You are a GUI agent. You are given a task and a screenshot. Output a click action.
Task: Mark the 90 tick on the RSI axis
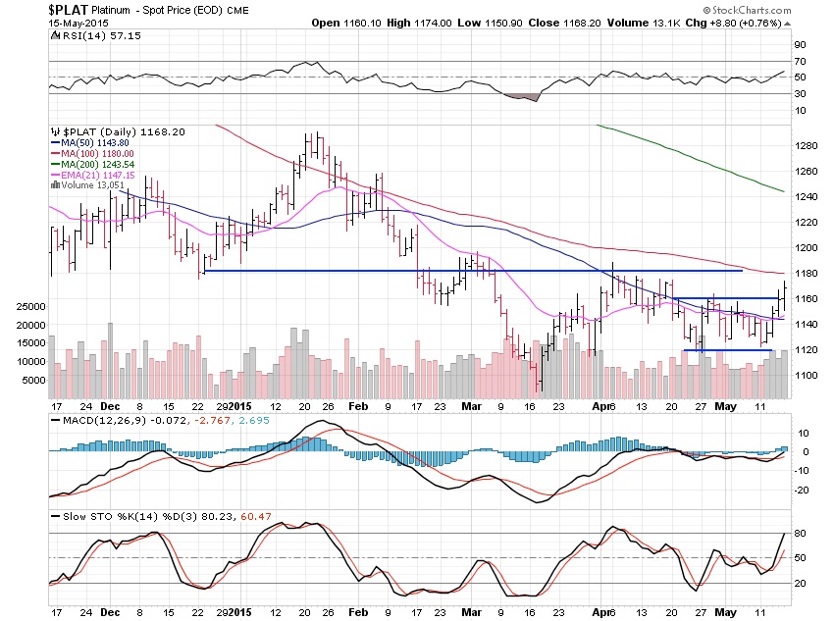(800, 44)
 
